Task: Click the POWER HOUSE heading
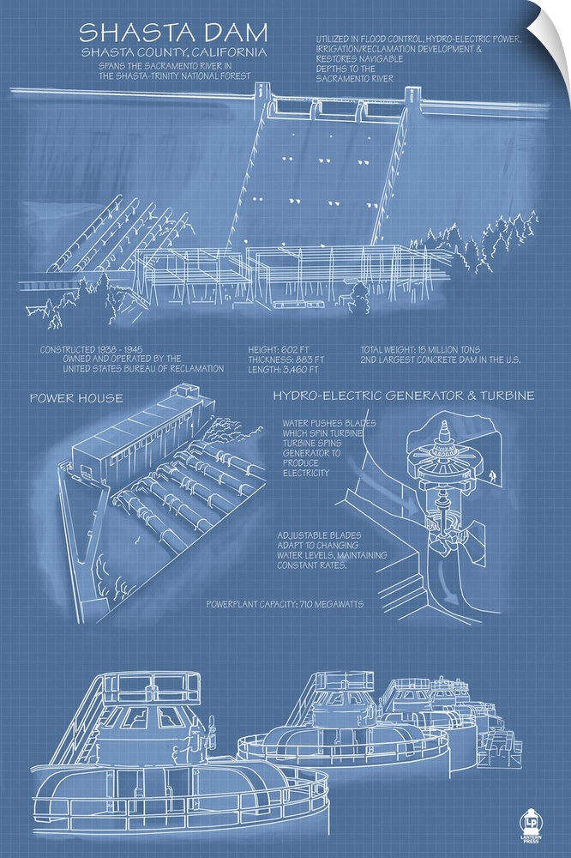(76, 398)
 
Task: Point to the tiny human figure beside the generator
(493, 477)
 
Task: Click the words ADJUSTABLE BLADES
(319, 535)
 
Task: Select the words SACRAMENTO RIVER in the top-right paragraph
(354, 78)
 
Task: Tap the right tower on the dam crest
(412, 99)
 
